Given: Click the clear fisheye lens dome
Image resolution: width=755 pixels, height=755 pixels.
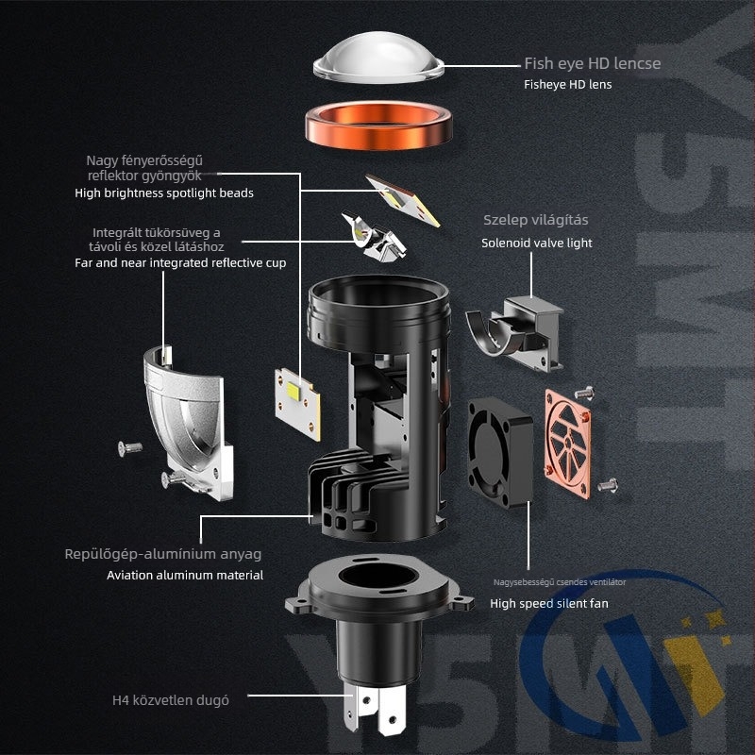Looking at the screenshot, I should coord(377,65).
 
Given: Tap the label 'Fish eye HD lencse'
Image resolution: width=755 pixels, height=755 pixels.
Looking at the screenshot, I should coord(593,64).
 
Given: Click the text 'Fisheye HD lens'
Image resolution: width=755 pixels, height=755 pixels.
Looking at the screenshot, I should coord(568,84).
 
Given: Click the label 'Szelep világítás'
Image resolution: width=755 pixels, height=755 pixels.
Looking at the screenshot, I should coord(536,220).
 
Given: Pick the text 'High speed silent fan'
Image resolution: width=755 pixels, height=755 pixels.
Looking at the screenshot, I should coord(549,603).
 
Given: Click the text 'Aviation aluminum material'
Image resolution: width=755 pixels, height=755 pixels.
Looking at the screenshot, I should coord(185,575).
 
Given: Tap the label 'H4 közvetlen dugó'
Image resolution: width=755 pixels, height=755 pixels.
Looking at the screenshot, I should coord(170,699).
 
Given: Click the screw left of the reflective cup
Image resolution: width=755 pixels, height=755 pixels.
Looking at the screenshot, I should coord(129,447).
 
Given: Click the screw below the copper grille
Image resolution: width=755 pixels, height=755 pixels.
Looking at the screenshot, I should coord(608,483).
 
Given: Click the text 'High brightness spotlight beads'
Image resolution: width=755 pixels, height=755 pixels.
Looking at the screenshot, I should coord(164,193).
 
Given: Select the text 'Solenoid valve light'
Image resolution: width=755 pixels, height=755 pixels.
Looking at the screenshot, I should coord(537,243).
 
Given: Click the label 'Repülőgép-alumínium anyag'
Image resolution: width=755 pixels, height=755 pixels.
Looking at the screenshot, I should coord(163,554).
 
